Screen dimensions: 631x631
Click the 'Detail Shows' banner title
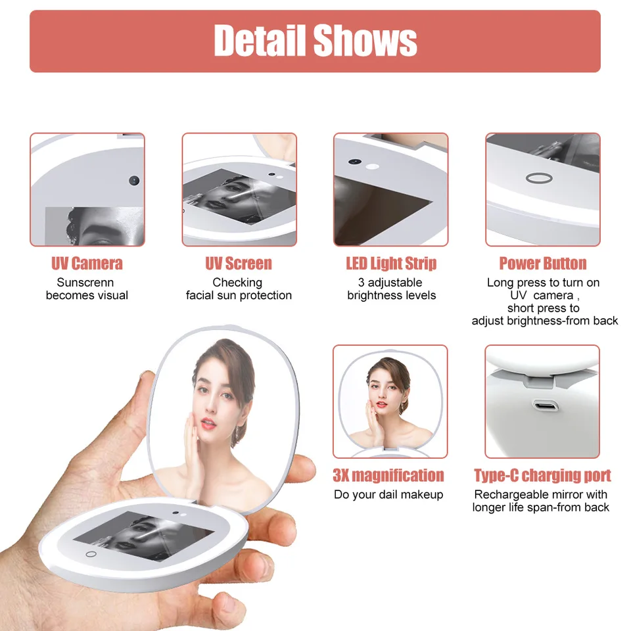[x=315, y=40]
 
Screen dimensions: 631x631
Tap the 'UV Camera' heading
[x=87, y=264]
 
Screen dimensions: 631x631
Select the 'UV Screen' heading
[x=239, y=264]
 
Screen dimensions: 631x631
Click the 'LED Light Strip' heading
[x=391, y=264]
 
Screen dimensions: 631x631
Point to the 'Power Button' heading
[x=543, y=264]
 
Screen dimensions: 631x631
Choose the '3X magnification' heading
[x=388, y=475]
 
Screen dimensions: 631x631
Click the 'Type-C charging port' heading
[x=542, y=476]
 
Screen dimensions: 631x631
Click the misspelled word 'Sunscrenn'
[x=85, y=283]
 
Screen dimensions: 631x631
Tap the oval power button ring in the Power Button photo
[x=539, y=178]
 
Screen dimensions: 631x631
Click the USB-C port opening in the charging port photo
[x=545, y=405]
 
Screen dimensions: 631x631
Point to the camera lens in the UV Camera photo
[x=134, y=180]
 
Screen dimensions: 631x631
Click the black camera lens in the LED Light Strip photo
[x=354, y=162]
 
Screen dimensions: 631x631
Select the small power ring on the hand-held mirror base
[x=91, y=554]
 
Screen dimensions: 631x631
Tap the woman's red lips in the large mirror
[x=208, y=423]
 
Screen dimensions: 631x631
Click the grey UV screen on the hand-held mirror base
[x=144, y=536]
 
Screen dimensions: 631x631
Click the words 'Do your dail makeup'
[x=388, y=494]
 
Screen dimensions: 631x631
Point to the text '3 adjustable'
[x=390, y=283]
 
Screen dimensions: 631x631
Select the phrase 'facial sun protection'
[x=239, y=295]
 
